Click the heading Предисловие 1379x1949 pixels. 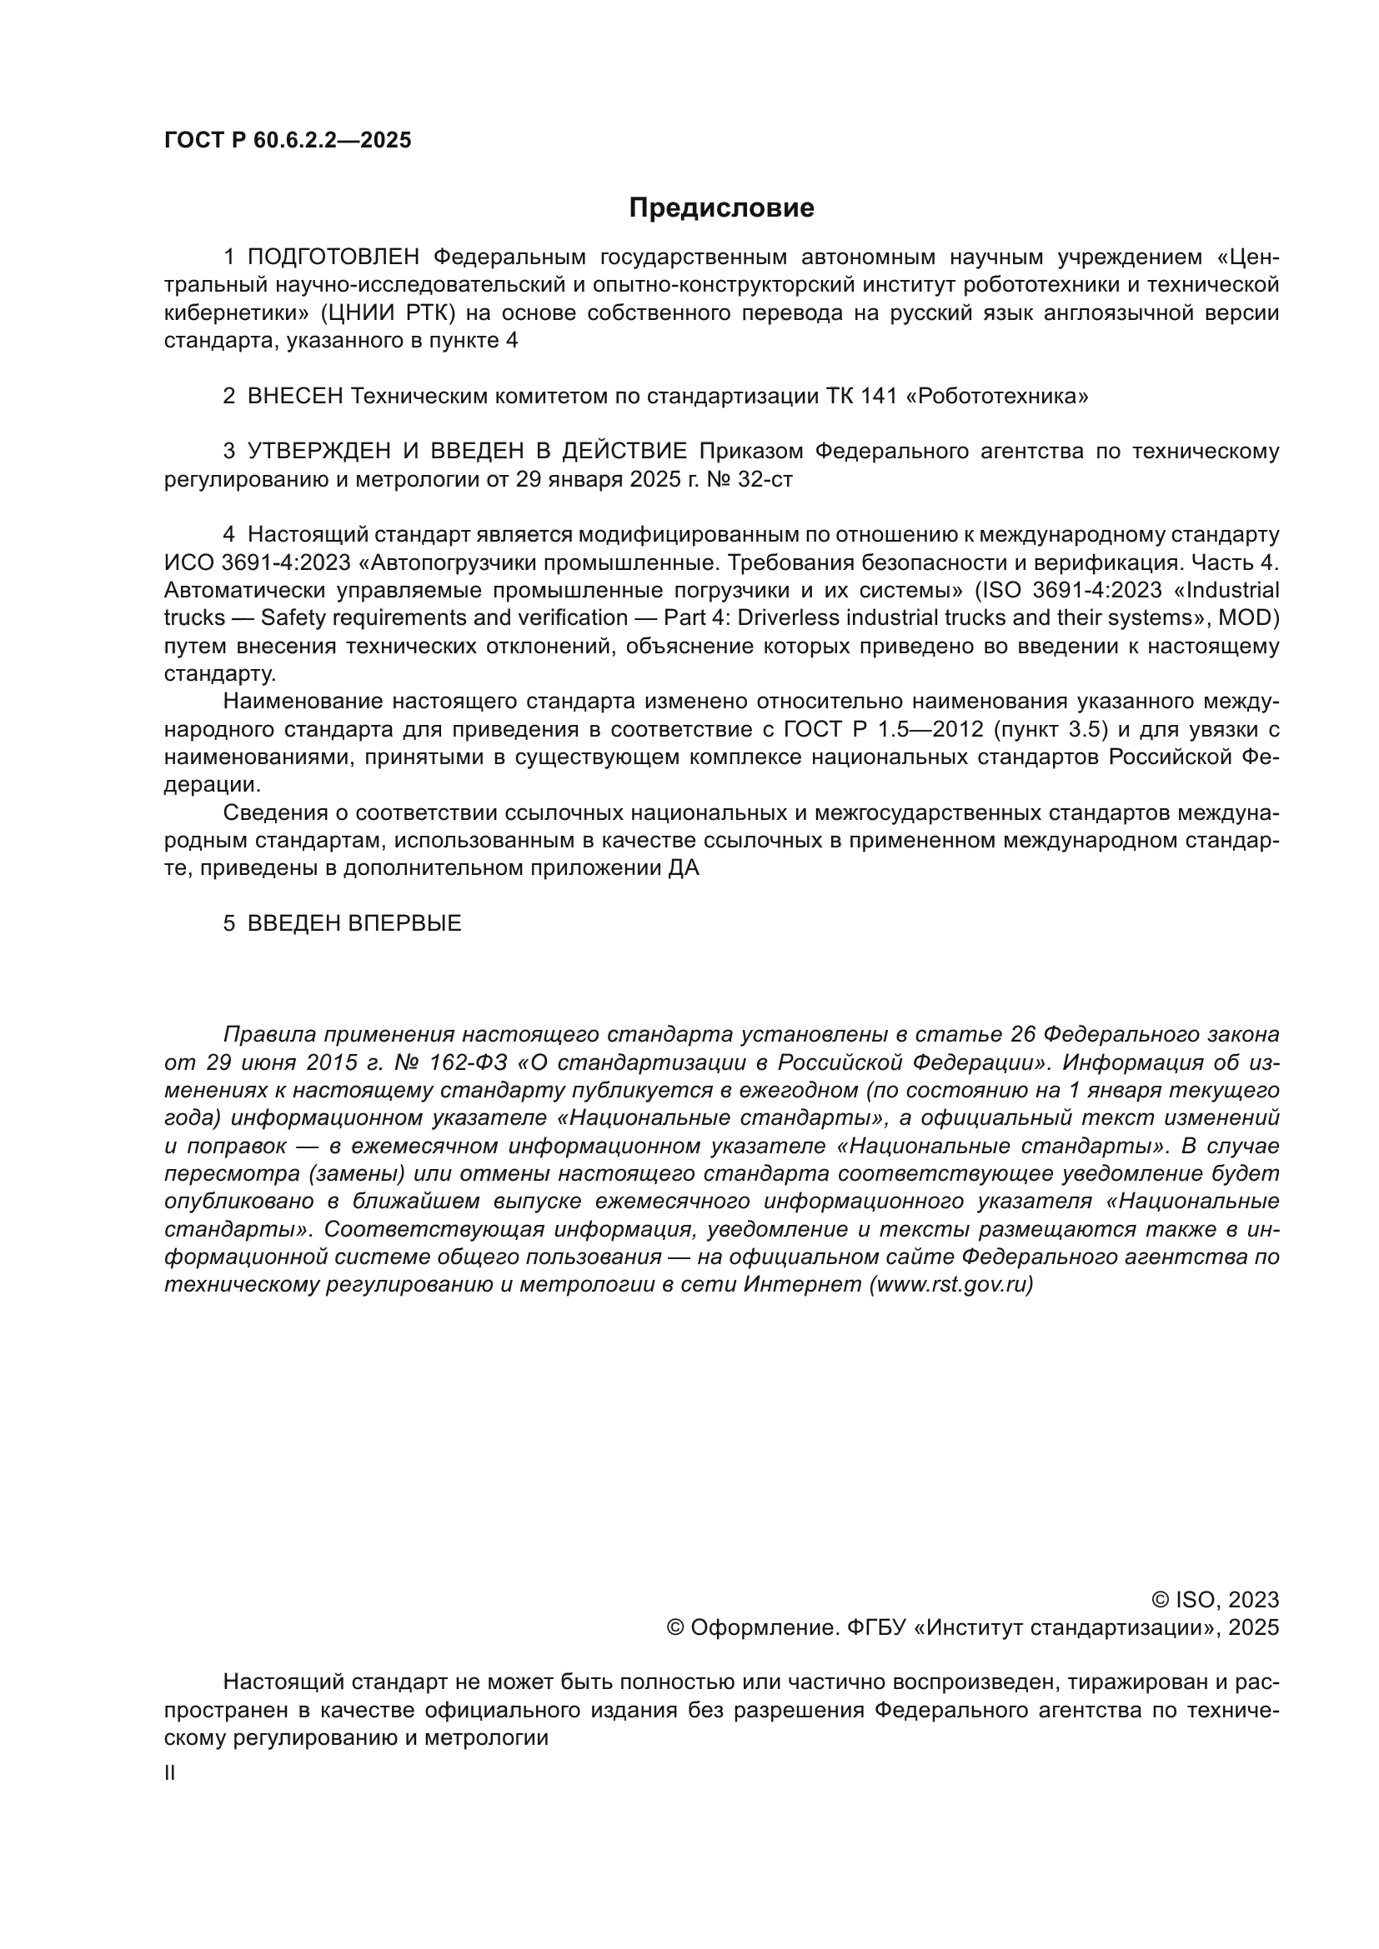coord(721,208)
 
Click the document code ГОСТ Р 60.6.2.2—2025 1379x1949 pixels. coord(287,141)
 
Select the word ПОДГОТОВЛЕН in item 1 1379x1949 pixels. coord(333,257)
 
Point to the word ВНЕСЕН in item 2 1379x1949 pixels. coord(294,397)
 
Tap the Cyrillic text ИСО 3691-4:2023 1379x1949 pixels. coord(258,562)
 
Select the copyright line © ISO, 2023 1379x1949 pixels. coord(1214,1600)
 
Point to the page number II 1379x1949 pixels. coord(170,1773)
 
